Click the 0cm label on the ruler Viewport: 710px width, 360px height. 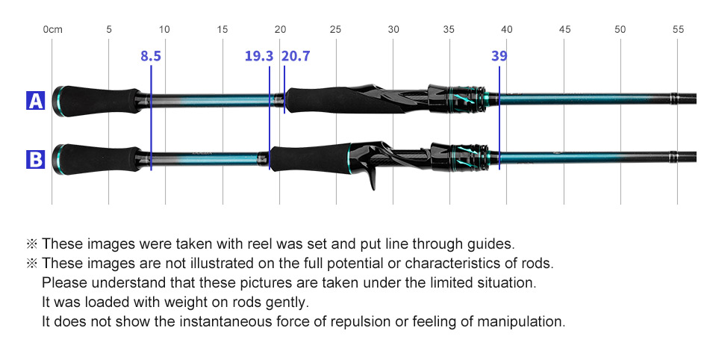52,30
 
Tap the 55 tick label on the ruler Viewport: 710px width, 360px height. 678,30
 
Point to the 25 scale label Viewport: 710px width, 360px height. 335,30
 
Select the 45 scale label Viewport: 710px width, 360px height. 564,30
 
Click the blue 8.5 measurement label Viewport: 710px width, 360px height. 151,56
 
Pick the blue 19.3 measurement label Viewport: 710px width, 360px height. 258,56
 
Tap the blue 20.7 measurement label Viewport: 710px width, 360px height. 296,56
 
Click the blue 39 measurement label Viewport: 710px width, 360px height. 499,56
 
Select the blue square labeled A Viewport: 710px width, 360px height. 36,101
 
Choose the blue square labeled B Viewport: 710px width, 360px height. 36,159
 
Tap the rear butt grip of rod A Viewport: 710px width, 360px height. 96,99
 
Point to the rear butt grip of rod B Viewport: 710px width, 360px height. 96,158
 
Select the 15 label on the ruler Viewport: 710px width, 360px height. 222,30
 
